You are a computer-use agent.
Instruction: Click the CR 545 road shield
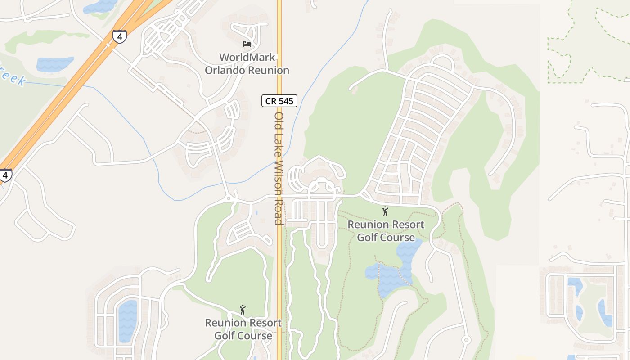pos(279,101)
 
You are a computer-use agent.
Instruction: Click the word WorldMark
pos(247,58)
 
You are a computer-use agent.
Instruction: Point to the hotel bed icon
pos(247,44)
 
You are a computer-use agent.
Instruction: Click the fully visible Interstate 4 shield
pos(119,36)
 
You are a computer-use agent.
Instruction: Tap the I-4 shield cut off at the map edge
pos(4,175)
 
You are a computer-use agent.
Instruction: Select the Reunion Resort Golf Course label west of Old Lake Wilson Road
pos(243,329)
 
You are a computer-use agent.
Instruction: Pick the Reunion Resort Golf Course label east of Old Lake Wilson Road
pos(386,230)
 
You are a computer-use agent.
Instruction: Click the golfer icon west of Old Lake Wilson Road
pos(243,310)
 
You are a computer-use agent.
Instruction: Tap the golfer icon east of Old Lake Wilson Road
pos(385,211)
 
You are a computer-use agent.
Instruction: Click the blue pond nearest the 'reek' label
pos(54,64)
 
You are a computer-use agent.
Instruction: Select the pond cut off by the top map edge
pos(100,6)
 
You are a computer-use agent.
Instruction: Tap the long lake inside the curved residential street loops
pos(127,320)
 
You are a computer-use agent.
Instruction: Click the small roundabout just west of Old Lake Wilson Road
pos(229,198)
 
